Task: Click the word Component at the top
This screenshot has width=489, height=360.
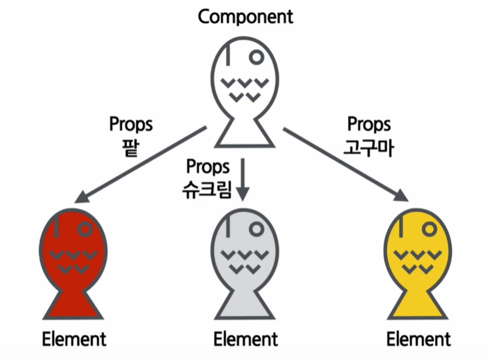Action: pos(245,16)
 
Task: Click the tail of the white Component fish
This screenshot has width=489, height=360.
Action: pos(244,135)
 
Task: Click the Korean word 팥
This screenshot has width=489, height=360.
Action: pos(130,145)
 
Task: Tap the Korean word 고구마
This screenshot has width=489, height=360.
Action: pos(369,145)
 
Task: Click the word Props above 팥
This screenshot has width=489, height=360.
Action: pos(130,125)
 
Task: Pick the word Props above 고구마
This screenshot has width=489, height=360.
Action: pos(369,125)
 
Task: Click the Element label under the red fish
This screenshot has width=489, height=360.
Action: pos(74,339)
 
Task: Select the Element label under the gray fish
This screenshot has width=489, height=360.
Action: pos(245,339)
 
